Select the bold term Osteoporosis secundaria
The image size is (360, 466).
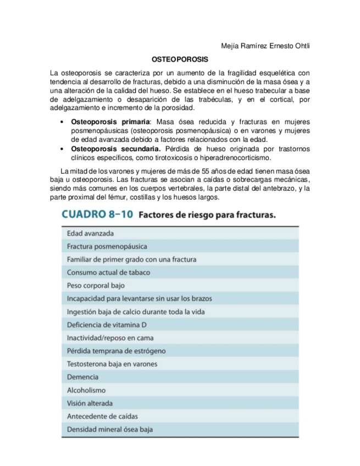click(115, 149)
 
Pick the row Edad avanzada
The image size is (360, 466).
click(90, 233)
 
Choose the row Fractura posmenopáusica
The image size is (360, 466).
click(107, 246)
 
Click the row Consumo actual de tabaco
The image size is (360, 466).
click(108, 273)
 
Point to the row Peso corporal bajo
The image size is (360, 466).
click(96, 285)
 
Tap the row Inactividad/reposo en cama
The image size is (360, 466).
click(110, 338)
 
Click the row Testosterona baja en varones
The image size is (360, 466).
click(112, 364)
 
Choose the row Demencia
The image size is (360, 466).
click(82, 377)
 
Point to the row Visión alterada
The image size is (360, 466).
click(90, 403)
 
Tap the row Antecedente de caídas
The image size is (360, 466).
click(102, 416)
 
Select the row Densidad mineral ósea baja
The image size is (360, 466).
click(109, 429)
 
